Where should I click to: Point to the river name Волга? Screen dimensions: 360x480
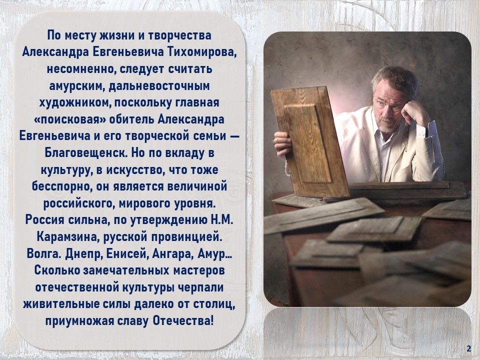coord(44,254)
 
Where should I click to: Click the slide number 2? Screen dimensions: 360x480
coord(468,349)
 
